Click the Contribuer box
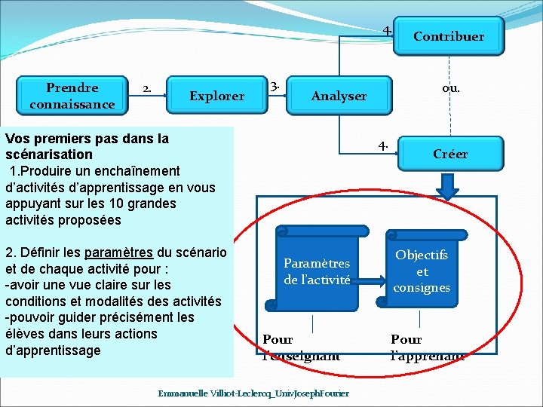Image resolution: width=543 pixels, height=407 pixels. click(x=448, y=36)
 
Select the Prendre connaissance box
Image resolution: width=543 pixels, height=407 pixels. click(x=72, y=96)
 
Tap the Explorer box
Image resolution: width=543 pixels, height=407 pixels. click(x=216, y=96)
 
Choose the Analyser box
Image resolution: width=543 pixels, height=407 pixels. click(x=339, y=96)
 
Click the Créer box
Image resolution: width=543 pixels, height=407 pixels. click(x=450, y=154)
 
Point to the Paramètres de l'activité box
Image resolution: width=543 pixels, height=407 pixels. click(x=317, y=271)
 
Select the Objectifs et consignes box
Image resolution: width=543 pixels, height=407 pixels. click(x=422, y=271)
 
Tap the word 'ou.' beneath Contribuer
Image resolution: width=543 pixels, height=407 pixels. click(x=451, y=88)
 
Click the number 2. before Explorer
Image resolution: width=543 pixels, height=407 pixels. click(x=149, y=89)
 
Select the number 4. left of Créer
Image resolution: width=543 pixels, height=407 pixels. click(x=384, y=145)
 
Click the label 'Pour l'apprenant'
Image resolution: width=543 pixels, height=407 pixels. click(x=428, y=347)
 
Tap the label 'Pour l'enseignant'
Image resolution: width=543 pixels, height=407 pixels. click(x=301, y=347)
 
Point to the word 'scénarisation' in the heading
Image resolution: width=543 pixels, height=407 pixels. click(x=48, y=155)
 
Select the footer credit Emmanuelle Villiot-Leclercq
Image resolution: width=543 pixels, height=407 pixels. click(x=253, y=394)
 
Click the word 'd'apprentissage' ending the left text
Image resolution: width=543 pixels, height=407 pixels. click(x=52, y=350)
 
